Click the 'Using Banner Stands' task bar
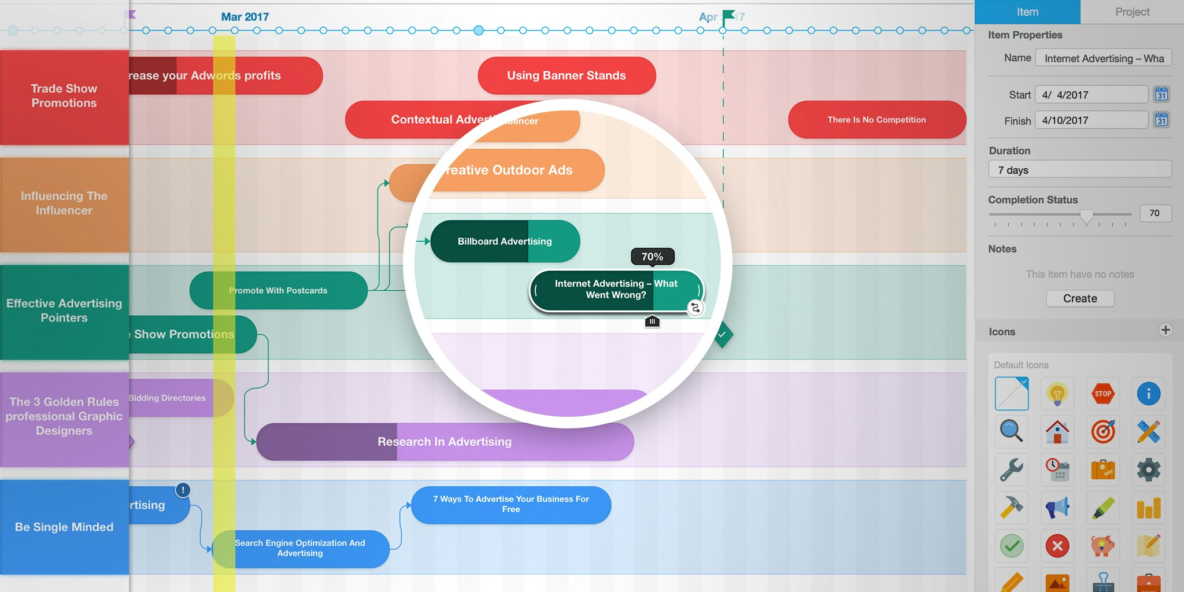click(567, 76)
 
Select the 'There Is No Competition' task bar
click(876, 120)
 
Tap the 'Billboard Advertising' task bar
click(505, 241)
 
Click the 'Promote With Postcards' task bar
click(278, 290)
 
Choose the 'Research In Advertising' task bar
click(445, 442)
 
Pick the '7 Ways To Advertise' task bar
click(510, 505)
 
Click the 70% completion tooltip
click(652, 257)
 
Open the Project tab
click(1132, 12)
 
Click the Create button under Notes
click(1080, 298)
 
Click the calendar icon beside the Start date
click(1161, 94)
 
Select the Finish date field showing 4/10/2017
click(1091, 120)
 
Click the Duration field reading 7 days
click(1079, 170)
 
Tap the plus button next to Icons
click(1165, 330)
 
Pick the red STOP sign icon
click(1102, 394)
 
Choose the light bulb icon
click(1057, 394)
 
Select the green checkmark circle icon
click(1012, 546)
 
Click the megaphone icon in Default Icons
click(1057, 508)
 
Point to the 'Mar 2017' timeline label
click(245, 17)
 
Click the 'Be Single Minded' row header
click(64, 527)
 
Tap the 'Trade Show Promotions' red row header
click(64, 96)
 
